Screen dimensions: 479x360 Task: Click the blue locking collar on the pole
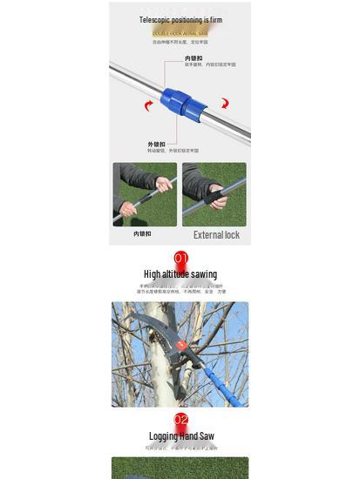coord(183,102)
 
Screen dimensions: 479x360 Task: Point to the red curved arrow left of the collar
coord(148,106)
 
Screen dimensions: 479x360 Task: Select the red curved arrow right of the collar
coord(224,103)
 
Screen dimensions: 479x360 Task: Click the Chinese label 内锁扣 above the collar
coord(194,58)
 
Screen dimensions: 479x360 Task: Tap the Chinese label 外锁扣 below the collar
coord(157,144)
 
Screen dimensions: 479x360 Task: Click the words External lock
coord(216,235)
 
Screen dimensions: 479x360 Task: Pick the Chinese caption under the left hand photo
coord(142,233)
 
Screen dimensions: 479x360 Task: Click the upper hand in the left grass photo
coord(163,185)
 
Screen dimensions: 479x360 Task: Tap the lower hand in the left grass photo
coord(128,209)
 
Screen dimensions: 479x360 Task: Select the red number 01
coord(180,258)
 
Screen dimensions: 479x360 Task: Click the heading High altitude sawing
coord(180,274)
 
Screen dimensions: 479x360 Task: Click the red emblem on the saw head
coord(181,346)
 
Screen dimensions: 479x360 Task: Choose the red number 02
coord(180,420)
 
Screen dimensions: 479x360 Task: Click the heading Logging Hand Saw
coord(180,436)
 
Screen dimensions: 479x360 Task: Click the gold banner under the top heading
coord(180,32)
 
